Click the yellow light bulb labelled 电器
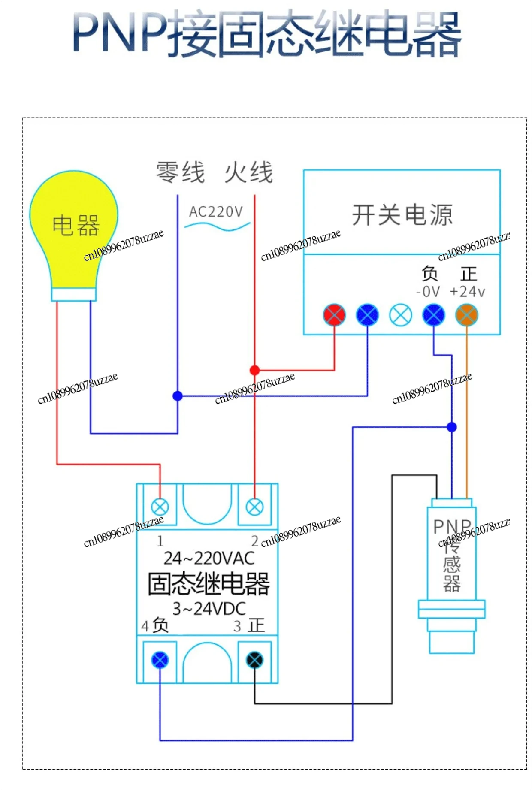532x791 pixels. (x=73, y=227)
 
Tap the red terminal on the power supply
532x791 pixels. (x=334, y=315)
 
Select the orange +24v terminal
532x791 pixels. (x=466, y=315)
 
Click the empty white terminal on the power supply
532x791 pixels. (x=400, y=315)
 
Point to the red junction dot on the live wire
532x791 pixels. (x=254, y=370)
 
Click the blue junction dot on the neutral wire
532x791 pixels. (x=178, y=396)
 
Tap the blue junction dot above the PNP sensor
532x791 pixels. (x=451, y=427)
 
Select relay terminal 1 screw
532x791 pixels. (x=160, y=507)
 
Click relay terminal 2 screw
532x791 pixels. (x=254, y=507)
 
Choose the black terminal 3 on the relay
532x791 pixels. (x=254, y=660)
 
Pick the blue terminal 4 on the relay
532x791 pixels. (x=160, y=660)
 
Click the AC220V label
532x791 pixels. (x=216, y=212)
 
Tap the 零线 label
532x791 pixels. (x=180, y=172)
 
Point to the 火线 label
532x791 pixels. (x=249, y=172)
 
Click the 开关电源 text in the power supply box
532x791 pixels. (x=402, y=215)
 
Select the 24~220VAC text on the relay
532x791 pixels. (x=209, y=558)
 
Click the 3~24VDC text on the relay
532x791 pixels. (x=209, y=609)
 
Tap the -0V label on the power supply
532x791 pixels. (x=428, y=292)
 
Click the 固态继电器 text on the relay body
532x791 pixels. (x=209, y=584)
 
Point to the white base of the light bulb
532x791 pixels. (x=73, y=295)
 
